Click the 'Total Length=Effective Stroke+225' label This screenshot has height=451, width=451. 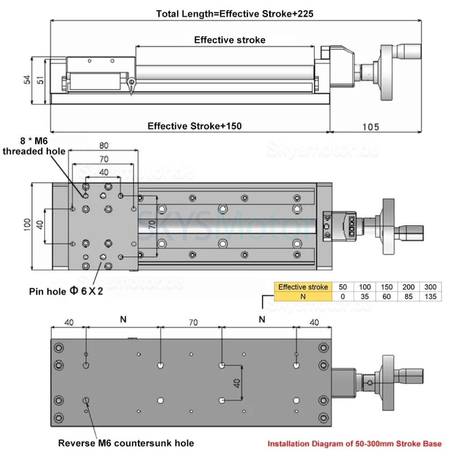235,14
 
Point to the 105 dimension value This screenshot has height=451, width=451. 371,126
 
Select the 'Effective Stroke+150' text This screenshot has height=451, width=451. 195,126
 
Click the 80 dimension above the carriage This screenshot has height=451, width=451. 103,146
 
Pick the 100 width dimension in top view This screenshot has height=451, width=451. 27,223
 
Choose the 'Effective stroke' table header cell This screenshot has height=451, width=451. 302,287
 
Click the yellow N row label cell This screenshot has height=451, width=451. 302,296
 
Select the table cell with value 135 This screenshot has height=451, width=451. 430,296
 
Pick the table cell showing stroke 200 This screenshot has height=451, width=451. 408,287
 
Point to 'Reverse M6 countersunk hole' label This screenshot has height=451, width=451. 126,443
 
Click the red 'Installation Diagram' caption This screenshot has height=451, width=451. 354,443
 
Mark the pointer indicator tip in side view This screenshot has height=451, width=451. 131,93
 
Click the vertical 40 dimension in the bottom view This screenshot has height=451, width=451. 236,383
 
